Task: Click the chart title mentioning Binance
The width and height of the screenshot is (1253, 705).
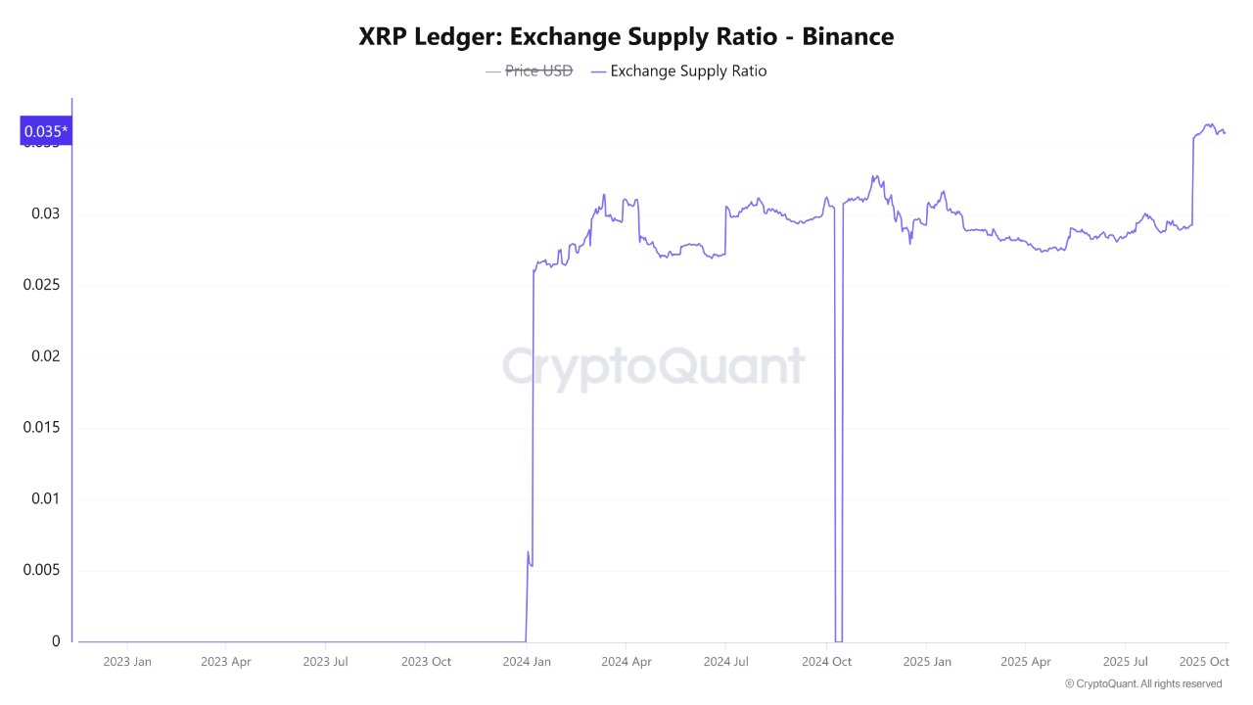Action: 626,37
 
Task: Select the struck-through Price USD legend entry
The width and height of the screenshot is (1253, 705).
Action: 530,70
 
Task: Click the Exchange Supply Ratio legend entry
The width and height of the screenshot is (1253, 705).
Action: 679,70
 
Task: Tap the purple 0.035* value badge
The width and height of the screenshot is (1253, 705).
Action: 46,131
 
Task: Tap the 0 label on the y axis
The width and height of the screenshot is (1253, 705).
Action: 56,641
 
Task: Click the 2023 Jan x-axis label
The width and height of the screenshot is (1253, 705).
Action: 127,662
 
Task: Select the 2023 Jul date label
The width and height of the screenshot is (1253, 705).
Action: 325,662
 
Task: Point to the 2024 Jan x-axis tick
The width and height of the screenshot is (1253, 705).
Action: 527,662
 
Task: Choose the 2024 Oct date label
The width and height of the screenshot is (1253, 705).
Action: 826,662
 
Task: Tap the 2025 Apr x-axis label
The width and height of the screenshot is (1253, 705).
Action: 1025,662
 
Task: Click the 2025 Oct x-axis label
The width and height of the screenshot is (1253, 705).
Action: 1204,662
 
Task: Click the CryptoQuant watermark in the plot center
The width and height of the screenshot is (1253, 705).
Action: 654,367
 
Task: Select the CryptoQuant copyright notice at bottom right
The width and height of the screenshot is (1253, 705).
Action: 1143,683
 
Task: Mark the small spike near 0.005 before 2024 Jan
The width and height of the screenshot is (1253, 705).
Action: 529,555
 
